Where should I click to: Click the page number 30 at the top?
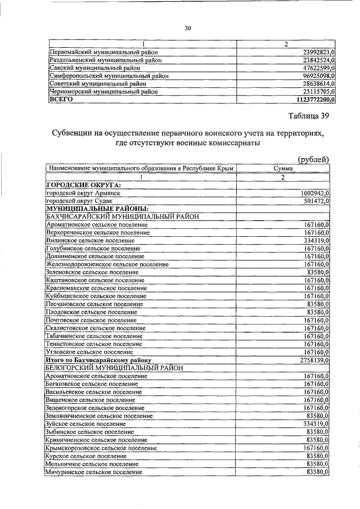188,28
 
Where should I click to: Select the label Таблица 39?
308,117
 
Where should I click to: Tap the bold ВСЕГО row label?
61,99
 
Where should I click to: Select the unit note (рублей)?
313,159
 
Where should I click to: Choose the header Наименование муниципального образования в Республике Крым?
141,168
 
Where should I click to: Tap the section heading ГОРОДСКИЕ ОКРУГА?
84,184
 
